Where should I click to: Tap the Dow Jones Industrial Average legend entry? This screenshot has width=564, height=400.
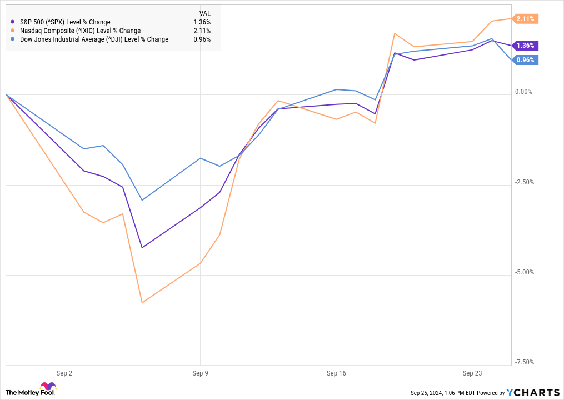coord(93,39)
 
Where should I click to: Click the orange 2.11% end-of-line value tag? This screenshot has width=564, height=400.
coord(525,19)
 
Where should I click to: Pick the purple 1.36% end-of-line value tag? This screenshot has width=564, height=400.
coord(525,46)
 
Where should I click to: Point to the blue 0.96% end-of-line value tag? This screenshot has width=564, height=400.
coord(525,60)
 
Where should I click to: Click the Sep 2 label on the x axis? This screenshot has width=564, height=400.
coord(64,374)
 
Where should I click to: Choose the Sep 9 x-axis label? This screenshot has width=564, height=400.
coord(200,374)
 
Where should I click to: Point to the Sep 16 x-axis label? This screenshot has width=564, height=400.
coord(336,374)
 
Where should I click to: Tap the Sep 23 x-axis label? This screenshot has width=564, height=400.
coord(471,374)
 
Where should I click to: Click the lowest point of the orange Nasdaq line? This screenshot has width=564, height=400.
coord(142,303)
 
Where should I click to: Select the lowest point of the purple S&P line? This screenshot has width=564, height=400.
coord(142,248)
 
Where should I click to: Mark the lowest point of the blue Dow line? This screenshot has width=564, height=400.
coord(142,200)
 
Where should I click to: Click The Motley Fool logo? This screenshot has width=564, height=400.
coord(31,390)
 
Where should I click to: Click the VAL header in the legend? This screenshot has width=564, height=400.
coord(204,13)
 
